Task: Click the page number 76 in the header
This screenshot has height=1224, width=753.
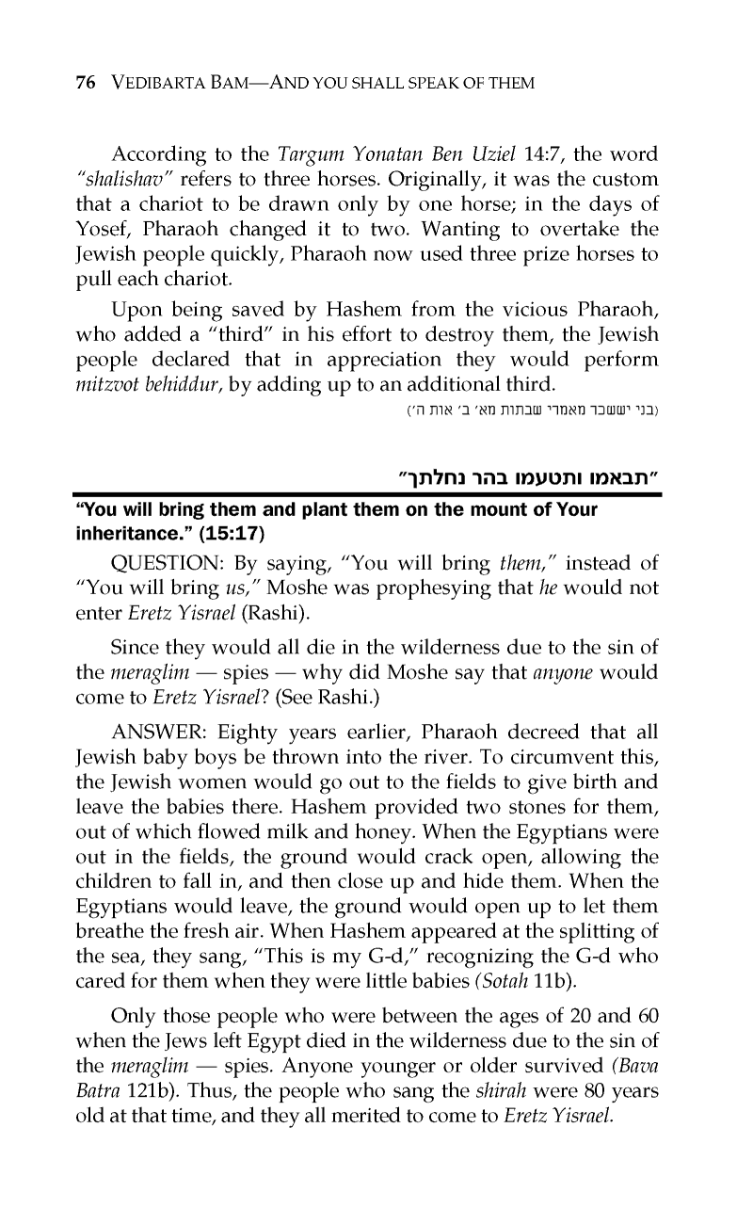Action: [84, 84]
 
